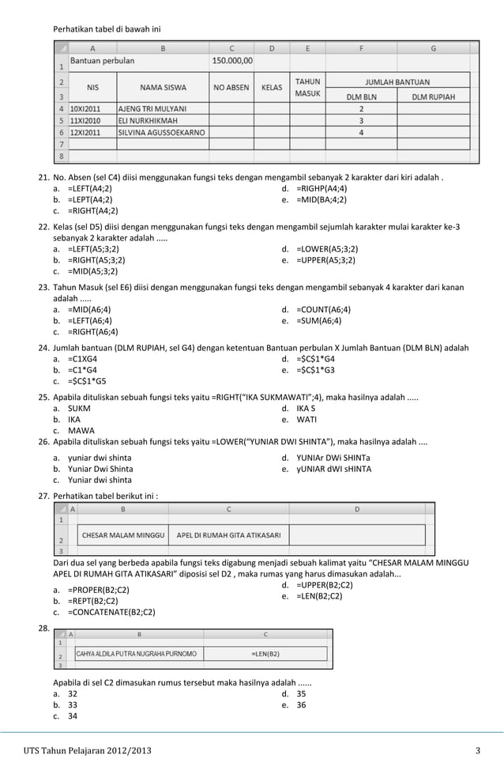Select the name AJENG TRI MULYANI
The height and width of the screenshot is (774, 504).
pos(152,108)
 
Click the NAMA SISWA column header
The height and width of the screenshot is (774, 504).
pos(162,88)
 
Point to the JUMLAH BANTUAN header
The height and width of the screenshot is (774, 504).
pos(397,81)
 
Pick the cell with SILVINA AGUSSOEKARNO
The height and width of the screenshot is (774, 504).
pos(160,133)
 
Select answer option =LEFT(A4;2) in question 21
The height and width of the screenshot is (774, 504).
pos(89,189)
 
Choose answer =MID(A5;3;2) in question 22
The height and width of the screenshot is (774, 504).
pos(93,270)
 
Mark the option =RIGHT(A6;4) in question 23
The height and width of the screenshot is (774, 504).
pos(92,332)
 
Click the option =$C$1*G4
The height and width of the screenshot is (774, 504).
pos(320,358)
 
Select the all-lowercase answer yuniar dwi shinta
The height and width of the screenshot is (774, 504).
pos(100,458)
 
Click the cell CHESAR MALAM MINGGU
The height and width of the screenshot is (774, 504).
pos(123,535)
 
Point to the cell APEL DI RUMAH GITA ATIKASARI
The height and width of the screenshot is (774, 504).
pos(228,535)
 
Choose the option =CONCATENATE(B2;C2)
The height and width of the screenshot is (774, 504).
pos(111,612)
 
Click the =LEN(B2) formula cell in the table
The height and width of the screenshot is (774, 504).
pos(265,654)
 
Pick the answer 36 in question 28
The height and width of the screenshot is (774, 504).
pos(301,704)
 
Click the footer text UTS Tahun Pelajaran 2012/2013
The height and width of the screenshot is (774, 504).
pos(87,749)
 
